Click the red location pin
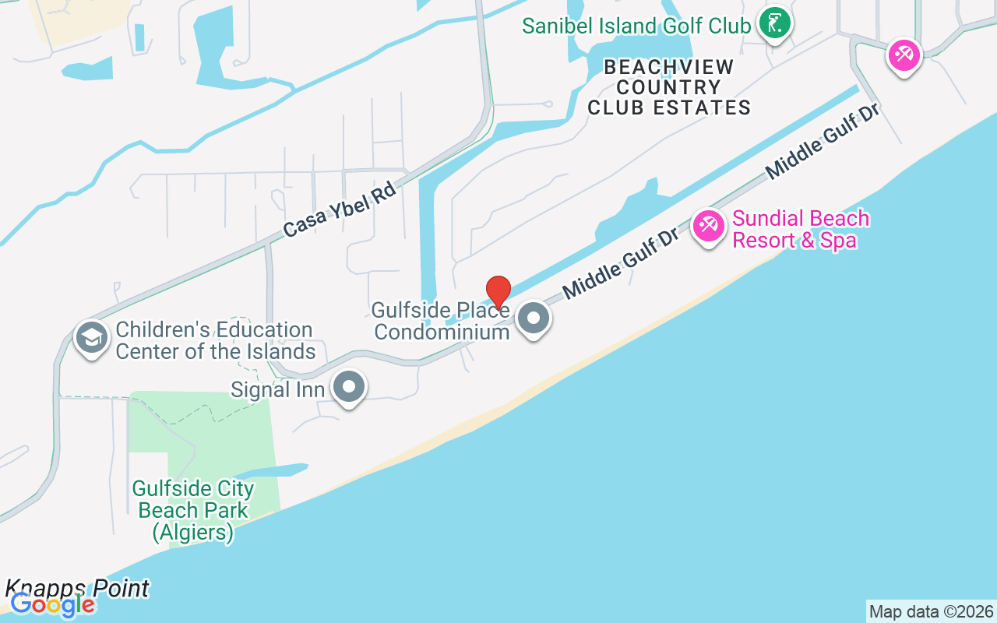click(498, 293)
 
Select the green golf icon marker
click(774, 24)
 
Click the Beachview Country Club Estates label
click(669, 87)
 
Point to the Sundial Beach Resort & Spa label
click(801, 229)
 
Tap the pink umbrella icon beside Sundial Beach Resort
click(708, 227)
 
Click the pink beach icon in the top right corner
click(904, 55)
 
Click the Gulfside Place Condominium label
click(441, 321)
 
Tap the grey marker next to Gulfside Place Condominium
click(534, 318)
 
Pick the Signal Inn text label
click(277, 389)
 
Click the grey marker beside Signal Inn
click(348, 386)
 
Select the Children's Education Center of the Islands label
click(214, 340)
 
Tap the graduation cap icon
click(92, 337)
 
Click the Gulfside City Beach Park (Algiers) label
click(192, 510)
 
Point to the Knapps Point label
click(77, 588)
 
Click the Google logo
click(52, 605)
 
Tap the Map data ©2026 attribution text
click(931, 611)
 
